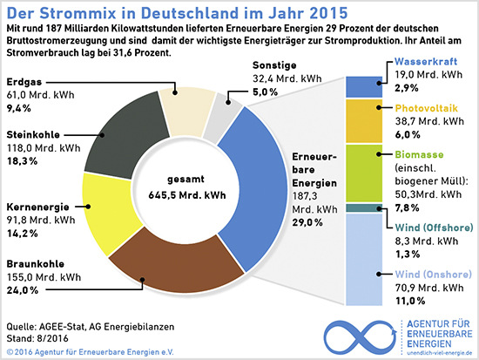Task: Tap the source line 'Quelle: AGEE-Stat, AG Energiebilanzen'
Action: [x=90, y=326]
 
